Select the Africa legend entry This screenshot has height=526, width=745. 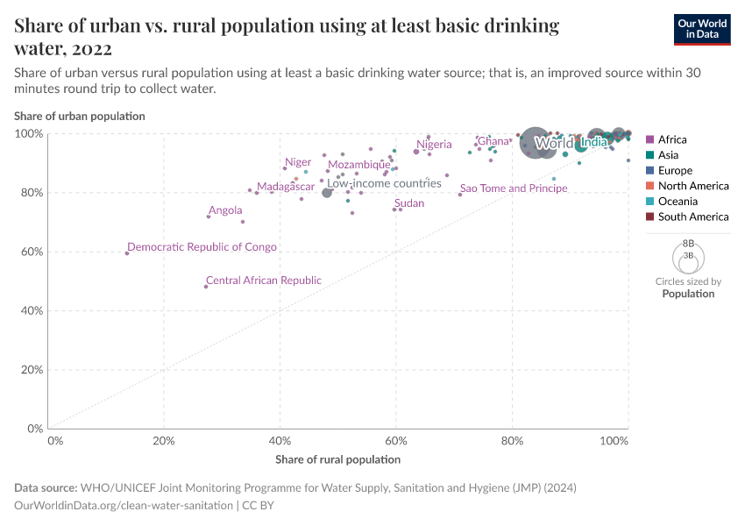pyautogui.click(x=671, y=139)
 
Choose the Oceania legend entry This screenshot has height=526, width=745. pyautogui.click(x=678, y=202)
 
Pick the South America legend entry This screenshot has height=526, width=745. pyautogui.click(x=692, y=217)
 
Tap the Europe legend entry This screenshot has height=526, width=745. pyautogui.click(x=675, y=170)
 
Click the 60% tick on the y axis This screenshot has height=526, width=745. pyautogui.click(x=32, y=252)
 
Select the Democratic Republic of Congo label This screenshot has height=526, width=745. pyautogui.click(x=202, y=247)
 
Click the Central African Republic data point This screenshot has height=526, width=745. pyautogui.click(x=206, y=287)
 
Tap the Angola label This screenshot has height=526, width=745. pyautogui.click(x=225, y=210)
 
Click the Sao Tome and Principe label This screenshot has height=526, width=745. pyautogui.click(x=514, y=188)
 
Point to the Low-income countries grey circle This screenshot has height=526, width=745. pyautogui.click(x=327, y=192)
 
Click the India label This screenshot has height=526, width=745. pyautogui.click(x=593, y=143)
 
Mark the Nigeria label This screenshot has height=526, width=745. pyautogui.click(x=434, y=145)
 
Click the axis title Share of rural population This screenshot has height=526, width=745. pyautogui.click(x=337, y=459)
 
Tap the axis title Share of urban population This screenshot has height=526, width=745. pyautogui.click(x=80, y=116)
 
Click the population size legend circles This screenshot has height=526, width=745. pyautogui.click(x=688, y=256)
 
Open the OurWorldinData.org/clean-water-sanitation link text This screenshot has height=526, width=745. pyautogui.click(x=124, y=506)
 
